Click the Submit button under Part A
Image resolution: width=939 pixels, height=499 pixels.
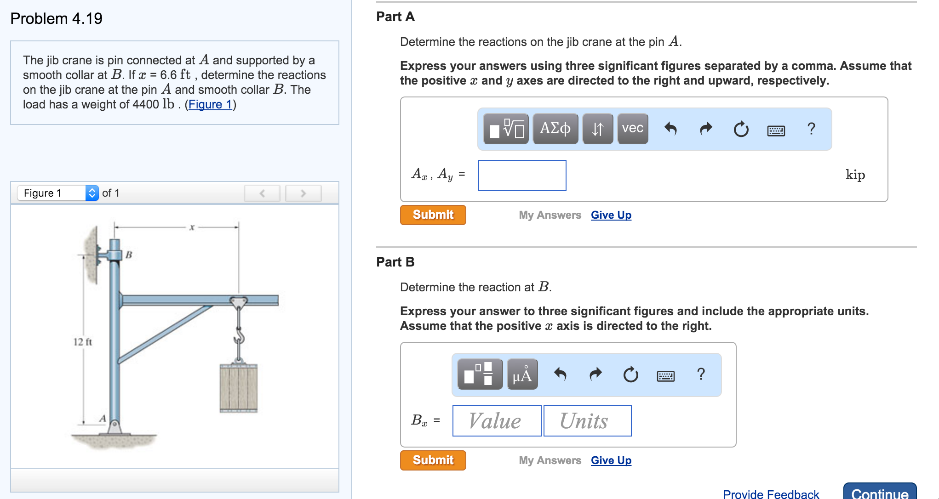point(433,215)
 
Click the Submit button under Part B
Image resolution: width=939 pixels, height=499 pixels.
point(433,460)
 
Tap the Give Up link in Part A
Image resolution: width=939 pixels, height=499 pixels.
point(611,215)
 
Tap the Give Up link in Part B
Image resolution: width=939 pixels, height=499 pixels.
point(611,460)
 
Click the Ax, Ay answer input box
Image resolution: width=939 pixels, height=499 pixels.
point(522,176)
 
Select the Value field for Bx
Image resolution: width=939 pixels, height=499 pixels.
point(497,421)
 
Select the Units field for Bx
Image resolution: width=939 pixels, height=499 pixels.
point(587,421)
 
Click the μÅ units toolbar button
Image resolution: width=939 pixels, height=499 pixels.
point(522,374)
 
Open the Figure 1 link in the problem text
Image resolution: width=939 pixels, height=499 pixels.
point(210,105)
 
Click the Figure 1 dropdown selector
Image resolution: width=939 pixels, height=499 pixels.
point(58,193)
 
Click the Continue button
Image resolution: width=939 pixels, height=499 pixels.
point(879,493)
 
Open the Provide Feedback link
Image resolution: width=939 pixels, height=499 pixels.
point(771,494)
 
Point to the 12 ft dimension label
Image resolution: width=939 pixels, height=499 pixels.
point(83,342)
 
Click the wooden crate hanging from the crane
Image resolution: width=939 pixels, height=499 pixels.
point(238,388)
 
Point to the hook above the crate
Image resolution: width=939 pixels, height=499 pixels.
point(239,337)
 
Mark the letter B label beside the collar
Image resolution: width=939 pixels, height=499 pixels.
point(129,255)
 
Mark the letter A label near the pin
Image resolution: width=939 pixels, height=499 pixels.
point(103,419)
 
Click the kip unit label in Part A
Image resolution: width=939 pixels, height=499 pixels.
point(855,175)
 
